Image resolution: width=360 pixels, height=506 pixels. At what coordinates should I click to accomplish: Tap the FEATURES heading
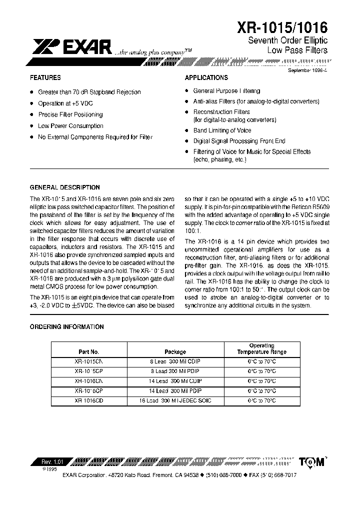[45, 78]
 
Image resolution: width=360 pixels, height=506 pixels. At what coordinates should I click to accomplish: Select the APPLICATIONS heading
[206, 78]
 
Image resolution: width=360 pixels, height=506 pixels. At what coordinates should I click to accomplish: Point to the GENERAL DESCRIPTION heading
[65, 187]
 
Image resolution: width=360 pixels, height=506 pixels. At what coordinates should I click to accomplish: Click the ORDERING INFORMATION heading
[67, 327]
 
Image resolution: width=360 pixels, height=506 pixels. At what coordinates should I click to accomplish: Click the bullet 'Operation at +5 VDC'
[65, 103]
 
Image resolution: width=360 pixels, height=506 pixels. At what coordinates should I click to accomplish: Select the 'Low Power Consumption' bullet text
[70, 126]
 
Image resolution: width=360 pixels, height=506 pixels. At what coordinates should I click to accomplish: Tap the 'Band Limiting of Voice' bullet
[222, 130]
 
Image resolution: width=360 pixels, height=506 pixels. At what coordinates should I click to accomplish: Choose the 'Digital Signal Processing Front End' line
[239, 141]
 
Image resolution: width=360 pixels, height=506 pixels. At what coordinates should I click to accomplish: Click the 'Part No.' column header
[89, 352]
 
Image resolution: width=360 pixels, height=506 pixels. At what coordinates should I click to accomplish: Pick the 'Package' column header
[175, 352]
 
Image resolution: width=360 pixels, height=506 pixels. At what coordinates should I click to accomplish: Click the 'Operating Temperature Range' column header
[262, 349]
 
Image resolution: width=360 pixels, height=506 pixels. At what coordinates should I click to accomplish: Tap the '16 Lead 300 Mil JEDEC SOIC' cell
[175, 400]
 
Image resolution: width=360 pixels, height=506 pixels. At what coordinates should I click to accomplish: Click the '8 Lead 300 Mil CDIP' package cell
[175, 361]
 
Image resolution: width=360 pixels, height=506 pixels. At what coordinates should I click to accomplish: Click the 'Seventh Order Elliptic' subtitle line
[287, 40]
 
